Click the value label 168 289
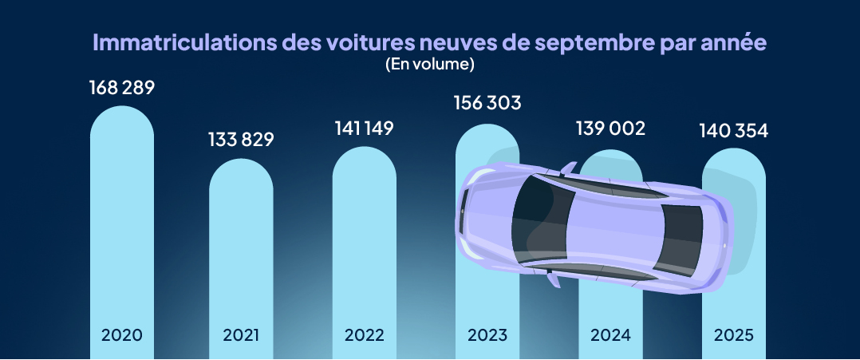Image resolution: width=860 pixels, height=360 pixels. (121, 87)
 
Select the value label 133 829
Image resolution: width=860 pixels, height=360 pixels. (241, 140)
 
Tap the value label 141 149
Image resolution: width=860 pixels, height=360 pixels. (364, 129)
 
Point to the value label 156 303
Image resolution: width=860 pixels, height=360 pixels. (487, 103)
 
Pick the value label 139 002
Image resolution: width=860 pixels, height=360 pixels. (610, 129)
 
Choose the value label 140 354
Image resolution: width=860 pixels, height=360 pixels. (733, 130)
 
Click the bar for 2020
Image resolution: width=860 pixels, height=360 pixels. (121, 224)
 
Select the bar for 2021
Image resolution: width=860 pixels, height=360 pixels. (241, 247)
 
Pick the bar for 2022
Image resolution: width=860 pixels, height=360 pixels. (364, 239)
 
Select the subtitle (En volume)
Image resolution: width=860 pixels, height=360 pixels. (429, 64)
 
